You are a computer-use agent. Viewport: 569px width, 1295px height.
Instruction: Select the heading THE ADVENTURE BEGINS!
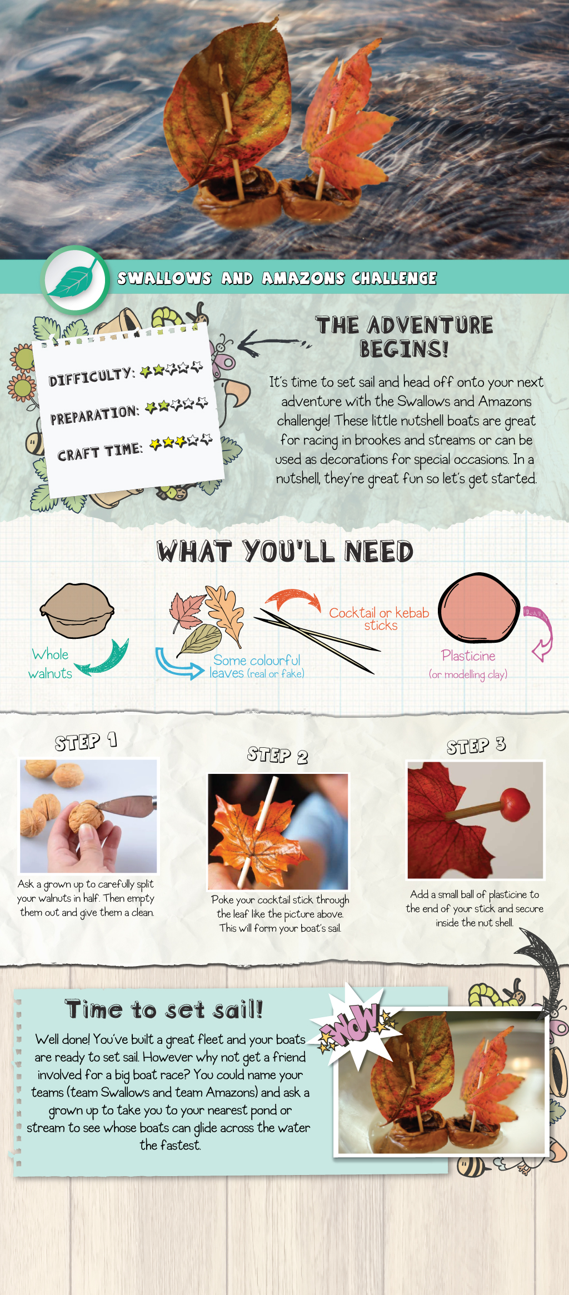click(x=404, y=337)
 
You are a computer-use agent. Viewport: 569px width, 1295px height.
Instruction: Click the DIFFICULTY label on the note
click(x=91, y=376)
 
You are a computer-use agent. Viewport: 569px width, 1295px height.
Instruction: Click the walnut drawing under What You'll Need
click(x=77, y=610)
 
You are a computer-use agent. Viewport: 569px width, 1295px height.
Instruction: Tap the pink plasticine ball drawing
click(x=478, y=608)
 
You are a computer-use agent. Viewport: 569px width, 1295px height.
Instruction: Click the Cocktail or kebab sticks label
click(x=380, y=619)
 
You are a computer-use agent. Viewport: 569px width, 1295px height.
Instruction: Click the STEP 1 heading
click(x=86, y=742)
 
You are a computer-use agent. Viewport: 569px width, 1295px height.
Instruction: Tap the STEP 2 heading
click(x=277, y=756)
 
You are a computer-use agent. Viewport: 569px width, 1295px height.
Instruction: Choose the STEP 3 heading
click(x=476, y=746)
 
